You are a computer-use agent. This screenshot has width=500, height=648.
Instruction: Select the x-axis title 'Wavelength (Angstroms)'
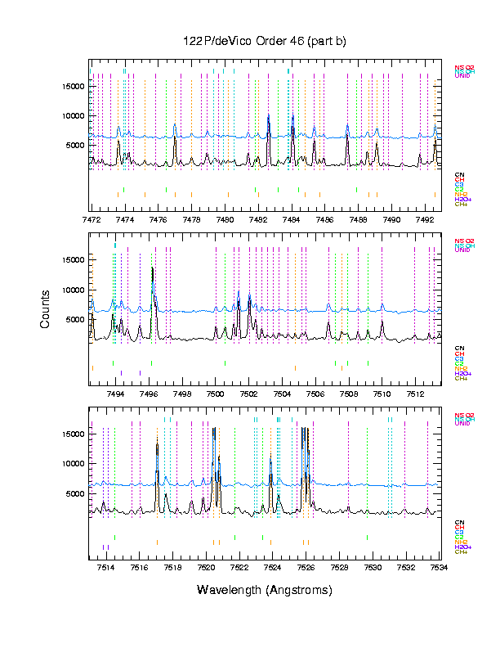[264, 590]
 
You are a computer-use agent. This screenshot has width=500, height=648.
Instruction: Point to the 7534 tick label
[439, 567]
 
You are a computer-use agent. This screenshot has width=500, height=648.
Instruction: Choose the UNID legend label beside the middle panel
[462, 250]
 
